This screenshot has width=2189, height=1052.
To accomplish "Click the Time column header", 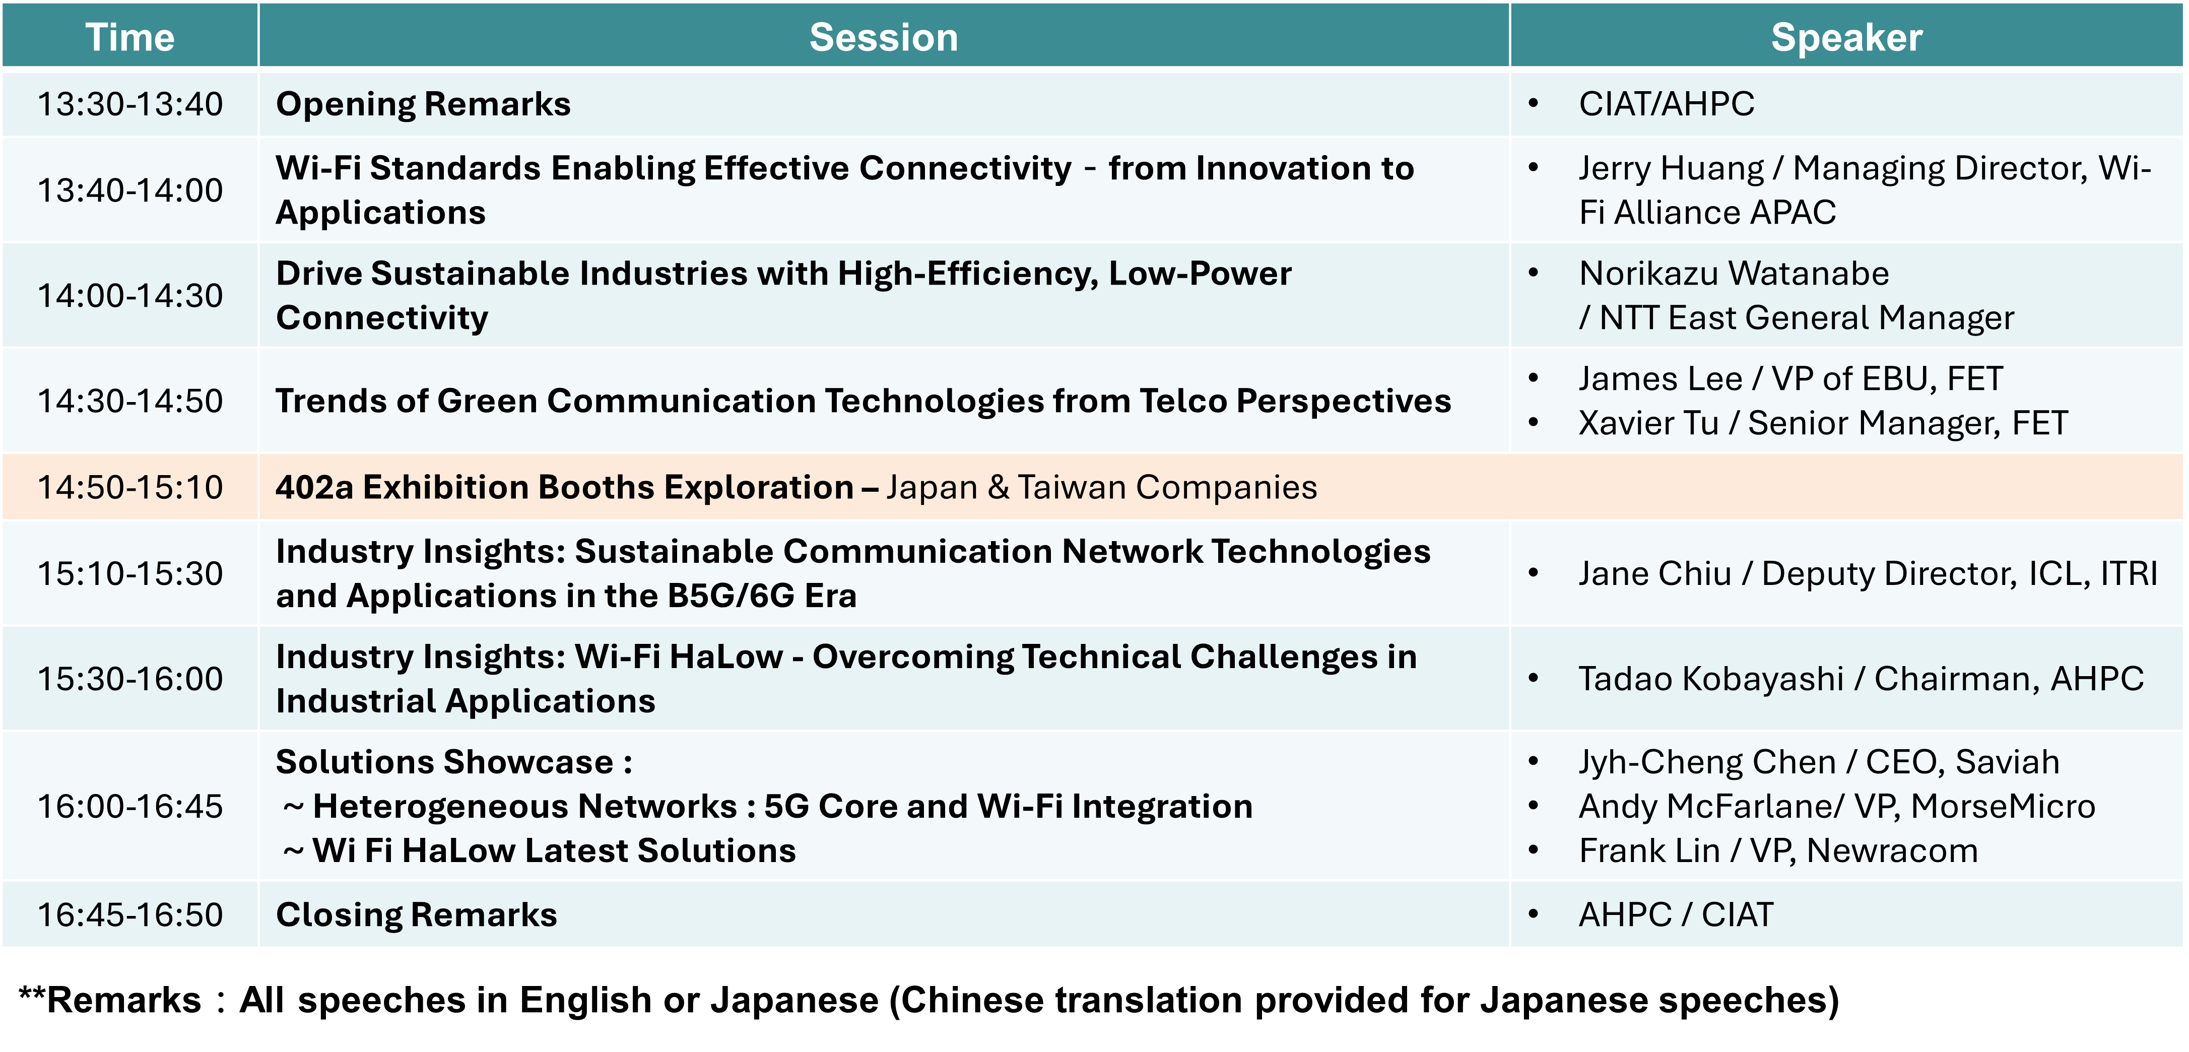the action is point(130,37).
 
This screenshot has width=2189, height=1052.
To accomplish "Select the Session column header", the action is point(884,37).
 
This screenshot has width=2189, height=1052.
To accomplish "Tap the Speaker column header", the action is point(1846,37).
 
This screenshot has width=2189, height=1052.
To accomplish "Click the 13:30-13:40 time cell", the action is point(130,104).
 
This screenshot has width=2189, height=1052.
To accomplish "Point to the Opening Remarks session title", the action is point(423,104).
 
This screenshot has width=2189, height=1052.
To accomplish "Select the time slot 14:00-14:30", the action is point(130,296).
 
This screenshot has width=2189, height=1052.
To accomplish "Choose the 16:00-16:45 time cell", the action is point(130,807).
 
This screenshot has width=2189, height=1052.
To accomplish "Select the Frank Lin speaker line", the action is point(1778,850).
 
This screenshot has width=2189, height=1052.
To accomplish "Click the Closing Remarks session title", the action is point(416,915).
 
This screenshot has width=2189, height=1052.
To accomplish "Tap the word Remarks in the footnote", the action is point(124,1000).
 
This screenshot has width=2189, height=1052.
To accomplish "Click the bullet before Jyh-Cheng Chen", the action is point(1534,761).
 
